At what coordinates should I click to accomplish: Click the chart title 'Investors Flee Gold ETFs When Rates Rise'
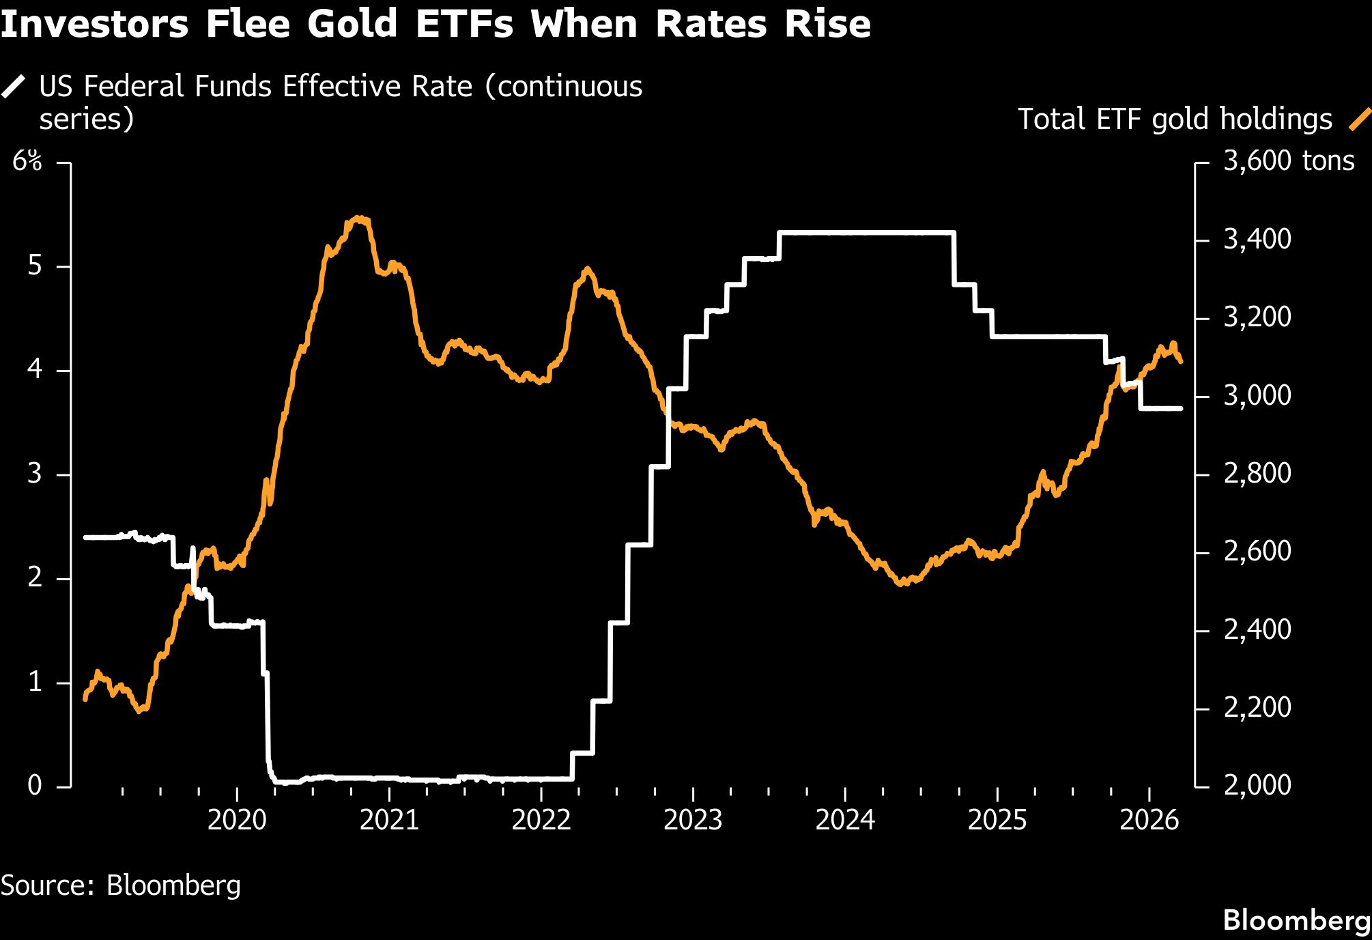tap(435, 25)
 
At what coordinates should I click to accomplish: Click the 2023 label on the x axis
tap(693, 820)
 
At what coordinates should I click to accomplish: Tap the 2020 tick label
tap(237, 820)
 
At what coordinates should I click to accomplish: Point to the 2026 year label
tap(1149, 820)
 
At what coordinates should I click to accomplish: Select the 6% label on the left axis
tap(27, 162)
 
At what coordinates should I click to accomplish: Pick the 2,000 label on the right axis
tap(1257, 786)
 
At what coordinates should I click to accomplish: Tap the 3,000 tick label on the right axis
tap(1257, 396)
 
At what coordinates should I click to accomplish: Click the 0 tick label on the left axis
tap(35, 786)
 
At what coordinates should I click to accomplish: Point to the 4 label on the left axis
tap(35, 370)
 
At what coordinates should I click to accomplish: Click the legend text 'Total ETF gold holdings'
tap(1175, 119)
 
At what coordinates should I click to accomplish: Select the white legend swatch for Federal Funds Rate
tap(14, 87)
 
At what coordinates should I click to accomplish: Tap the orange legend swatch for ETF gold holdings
tap(1360, 119)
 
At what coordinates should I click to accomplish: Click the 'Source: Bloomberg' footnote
tap(121, 885)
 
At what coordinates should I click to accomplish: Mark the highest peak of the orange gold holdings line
tap(359, 218)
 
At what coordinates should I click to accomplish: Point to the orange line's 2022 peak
tap(587, 269)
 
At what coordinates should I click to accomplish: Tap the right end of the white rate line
tap(1181, 408)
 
